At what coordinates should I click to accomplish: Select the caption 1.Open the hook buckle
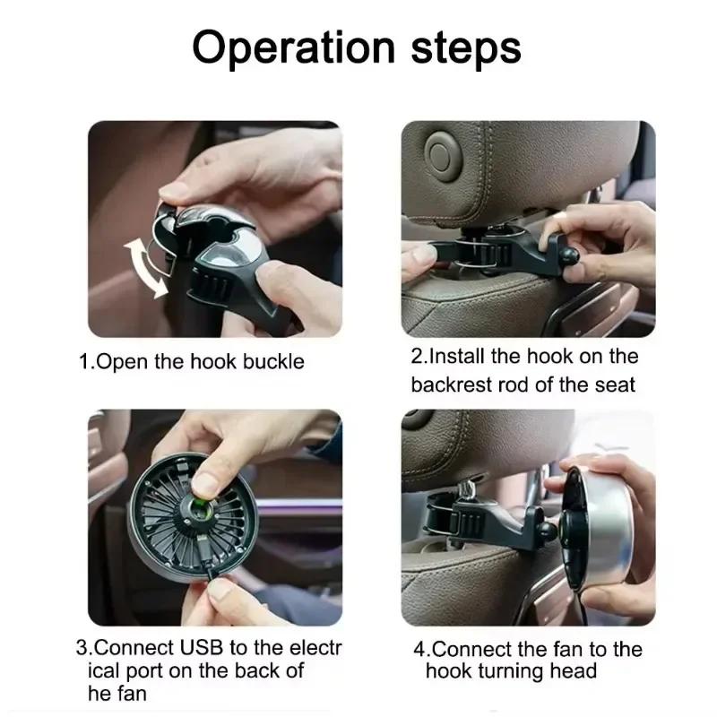[192, 362]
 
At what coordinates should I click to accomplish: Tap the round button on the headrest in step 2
[442, 150]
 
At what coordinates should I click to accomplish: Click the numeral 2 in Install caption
[417, 356]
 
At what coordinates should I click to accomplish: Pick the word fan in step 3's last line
[131, 694]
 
